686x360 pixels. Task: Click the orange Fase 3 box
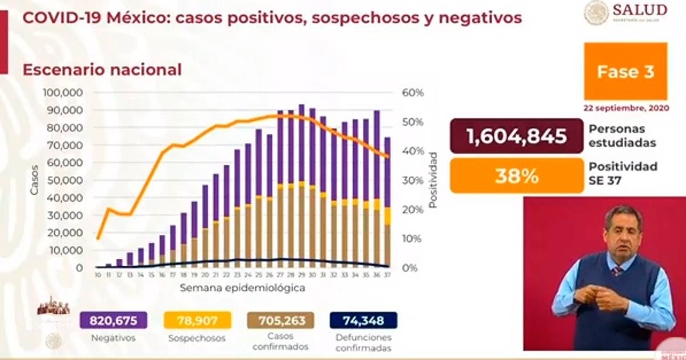pyautogui.click(x=625, y=71)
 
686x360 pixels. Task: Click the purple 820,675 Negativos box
pyautogui.click(x=113, y=321)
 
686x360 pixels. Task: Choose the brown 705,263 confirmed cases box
pyautogui.click(x=280, y=321)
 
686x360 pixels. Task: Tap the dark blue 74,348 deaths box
pyautogui.click(x=364, y=321)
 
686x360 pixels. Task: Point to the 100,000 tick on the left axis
pyautogui.click(x=63, y=93)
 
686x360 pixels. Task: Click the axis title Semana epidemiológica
pyautogui.click(x=242, y=288)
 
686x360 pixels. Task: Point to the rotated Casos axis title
pyautogui.click(x=34, y=180)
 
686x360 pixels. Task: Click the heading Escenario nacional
pyautogui.click(x=101, y=70)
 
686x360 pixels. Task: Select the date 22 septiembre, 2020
pyautogui.click(x=625, y=107)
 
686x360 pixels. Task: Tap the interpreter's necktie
pyautogui.click(x=617, y=270)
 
